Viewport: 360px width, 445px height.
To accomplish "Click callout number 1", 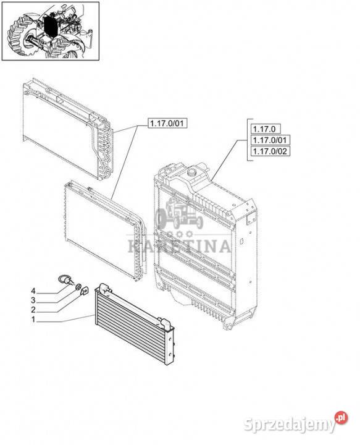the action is point(33,320).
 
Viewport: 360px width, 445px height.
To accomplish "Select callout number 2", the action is point(33,310).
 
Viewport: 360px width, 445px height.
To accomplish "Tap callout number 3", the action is point(33,300).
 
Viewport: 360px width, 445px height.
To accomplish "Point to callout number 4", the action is point(33,291).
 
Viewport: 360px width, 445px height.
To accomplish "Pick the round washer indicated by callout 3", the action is point(78,286).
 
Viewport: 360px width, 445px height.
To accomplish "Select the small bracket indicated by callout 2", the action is point(85,290).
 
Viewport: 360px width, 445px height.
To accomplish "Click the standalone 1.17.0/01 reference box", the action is point(167,123).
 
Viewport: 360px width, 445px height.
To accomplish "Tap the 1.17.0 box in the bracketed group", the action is point(266,129).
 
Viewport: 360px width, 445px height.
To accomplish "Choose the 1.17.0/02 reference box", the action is point(270,151).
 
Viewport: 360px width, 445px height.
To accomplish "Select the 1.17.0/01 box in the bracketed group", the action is point(270,140).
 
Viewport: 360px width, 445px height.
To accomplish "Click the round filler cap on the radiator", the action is point(193,171).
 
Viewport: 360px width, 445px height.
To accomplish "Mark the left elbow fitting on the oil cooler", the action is point(106,288).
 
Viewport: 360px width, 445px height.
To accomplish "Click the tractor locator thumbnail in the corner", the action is point(51,32).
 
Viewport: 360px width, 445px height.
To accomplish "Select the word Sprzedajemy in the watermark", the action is point(289,425).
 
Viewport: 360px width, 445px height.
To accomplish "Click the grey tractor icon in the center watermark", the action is point(180,212).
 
